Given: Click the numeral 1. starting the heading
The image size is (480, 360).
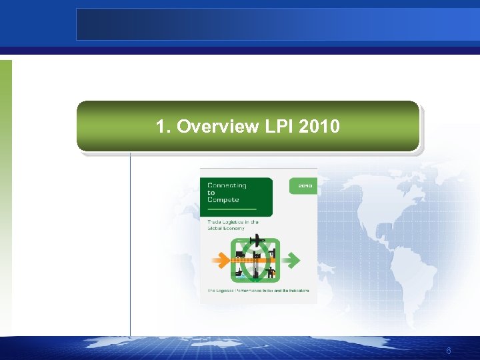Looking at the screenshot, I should (162, 126).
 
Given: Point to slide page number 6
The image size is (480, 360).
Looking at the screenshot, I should (449, 351).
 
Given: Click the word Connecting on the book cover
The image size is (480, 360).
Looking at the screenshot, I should (227, 185).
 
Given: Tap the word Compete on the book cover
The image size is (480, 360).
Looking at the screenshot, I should (223, 199).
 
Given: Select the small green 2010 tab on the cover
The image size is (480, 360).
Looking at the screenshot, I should (305, 185).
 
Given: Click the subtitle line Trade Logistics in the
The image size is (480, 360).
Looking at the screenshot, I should (233, 221).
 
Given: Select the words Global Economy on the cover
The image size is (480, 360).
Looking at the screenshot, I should (226, 228).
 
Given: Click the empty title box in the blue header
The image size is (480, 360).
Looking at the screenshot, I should (277, 24).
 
